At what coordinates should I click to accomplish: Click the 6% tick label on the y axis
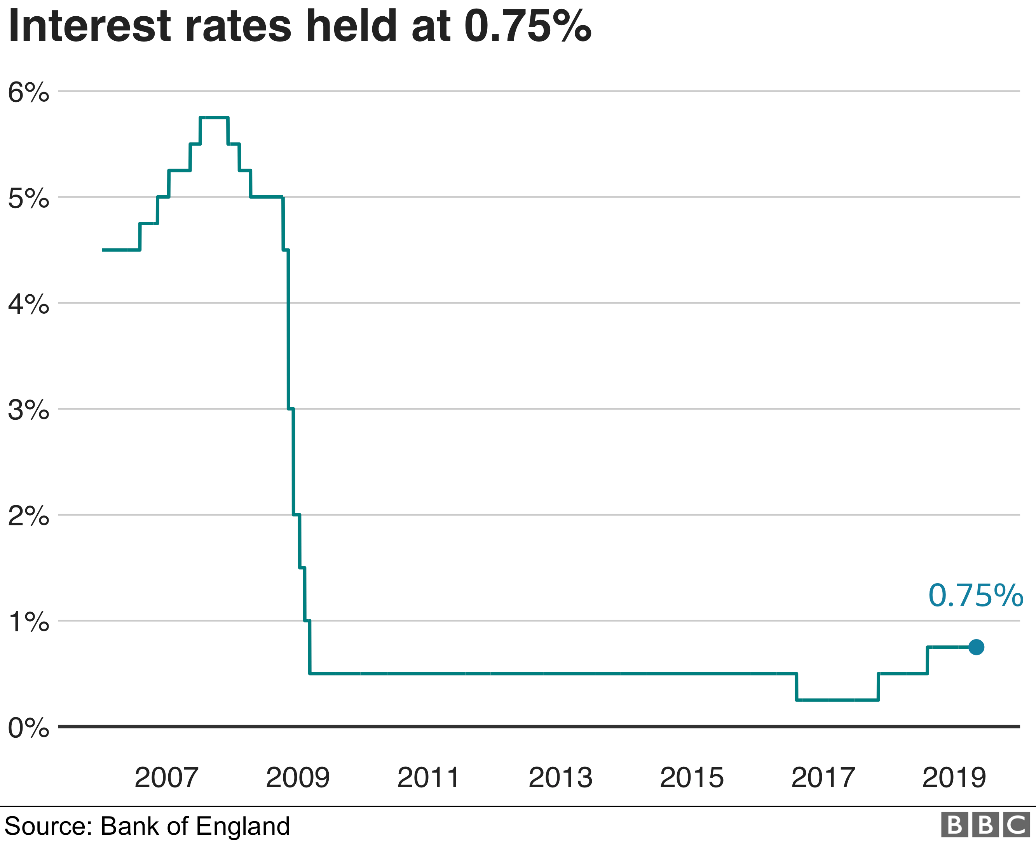pyautogui.click(x=28, y=92)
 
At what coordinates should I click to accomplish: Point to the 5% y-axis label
pyautogui.click(x=28, y=198)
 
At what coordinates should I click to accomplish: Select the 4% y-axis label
pyautogui.click(x=28, y=304)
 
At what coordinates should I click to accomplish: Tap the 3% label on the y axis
pyautogui.click(x=28, y=410)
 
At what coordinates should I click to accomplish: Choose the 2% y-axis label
pyautogui.click(x=28, y=516)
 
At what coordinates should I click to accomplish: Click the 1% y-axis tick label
pyautogui.click(x=28, y=622)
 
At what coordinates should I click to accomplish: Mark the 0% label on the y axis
pyautogui.click(x=28, y=728)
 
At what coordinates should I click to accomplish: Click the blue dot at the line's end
pyautogui.click(x=976, y=647)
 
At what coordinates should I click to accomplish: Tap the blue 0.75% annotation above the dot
pyautogui.click(x=975, y=596)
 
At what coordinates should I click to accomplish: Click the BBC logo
pyautogui.click(x=985, y=825)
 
